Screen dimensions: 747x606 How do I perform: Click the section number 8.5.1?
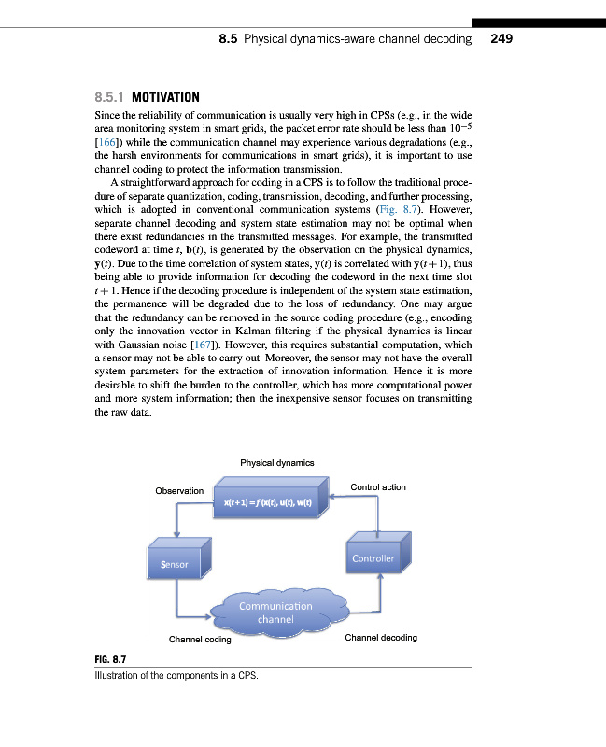[x=111, y=97]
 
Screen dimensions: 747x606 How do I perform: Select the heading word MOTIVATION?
[x=166, y=97]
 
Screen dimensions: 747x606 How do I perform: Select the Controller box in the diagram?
[x=373, y=558]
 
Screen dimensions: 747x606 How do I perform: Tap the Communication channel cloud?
[x=275, y=612]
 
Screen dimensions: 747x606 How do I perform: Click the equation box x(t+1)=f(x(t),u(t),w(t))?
[x=267, y=505]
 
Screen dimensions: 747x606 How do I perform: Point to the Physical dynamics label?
[x=277, y=463]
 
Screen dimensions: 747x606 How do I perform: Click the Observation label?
[x=179, y=491]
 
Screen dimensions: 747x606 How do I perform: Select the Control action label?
[x=377, y=487]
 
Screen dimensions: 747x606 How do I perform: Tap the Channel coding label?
[x=200, y=640]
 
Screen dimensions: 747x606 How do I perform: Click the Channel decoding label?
[x=381, y=638]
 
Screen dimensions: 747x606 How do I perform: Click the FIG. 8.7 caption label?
[x=110, y=660]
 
